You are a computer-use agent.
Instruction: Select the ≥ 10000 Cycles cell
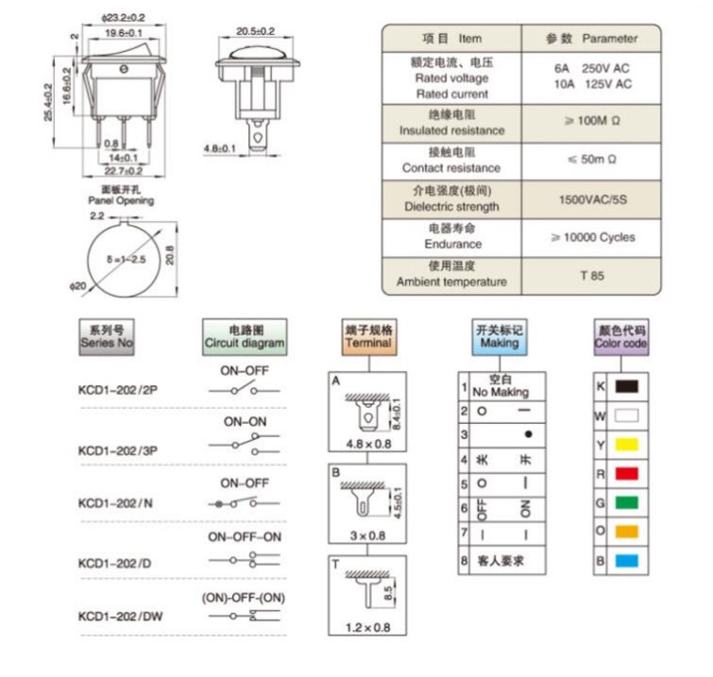click(593, 237)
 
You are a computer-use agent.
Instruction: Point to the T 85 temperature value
click(592, 276)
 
